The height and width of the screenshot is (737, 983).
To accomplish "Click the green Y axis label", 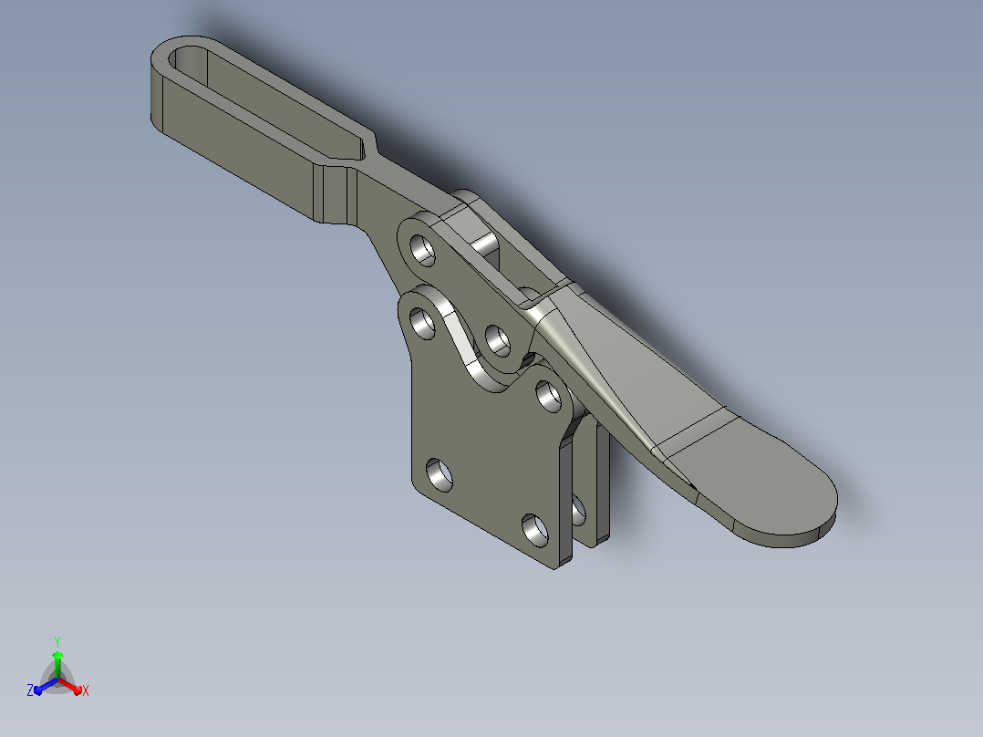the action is pyautogui.click(x=57, y=641).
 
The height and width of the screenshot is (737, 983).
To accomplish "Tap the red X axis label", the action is pyautogui.click(x=86, y=690).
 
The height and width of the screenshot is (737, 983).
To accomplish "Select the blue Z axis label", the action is pyautogui.click(x=30, y=690).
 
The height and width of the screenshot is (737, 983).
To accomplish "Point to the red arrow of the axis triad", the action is pyautogui.click(x=70, y=686).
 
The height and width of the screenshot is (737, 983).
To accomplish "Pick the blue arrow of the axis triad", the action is pyautogui.click(x=46, y=686).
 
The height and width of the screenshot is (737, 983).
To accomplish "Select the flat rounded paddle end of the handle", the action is pyautogui.click(x=765, y=483).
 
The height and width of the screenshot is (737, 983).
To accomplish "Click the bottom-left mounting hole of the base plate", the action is pyautogui.click(x=440, y=475).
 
